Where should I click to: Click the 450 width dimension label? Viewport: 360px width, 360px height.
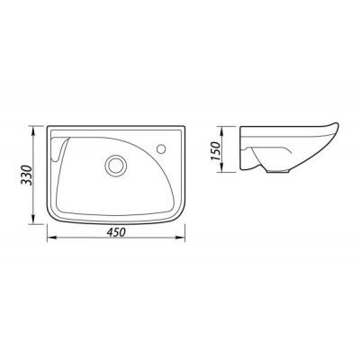(x=115, y=232)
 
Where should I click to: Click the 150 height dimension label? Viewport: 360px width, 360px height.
(x=216, y=150)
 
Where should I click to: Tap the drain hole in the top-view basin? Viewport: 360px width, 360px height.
(x=115, y=165)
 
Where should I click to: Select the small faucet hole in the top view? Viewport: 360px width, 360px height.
(x=162, y=148)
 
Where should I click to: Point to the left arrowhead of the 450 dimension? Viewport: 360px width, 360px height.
(x=51, y=238)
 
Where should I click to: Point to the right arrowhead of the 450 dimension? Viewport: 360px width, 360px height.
(x=181, y=238)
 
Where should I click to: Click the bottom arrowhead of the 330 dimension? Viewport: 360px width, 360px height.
(x=33, y=220)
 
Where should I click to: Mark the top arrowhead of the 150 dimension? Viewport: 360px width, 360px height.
(x=222, y=130)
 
